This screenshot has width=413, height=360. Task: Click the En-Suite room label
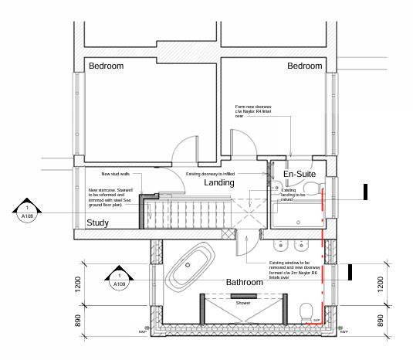pos(300,175)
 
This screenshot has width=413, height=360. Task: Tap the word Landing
pos(219,183)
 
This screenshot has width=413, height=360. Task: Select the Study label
pos(97,223)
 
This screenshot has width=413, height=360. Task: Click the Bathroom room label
pos(244,282)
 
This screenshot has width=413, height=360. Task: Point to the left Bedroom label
pos(106,66)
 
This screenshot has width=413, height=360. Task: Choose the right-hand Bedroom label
pos(304,66)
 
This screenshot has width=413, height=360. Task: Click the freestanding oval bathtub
pos(190,264)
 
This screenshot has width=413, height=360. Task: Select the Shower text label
pos(243,303)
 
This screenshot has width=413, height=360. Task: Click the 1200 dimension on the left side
pos(77,286)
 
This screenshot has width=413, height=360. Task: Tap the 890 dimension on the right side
pos(380,321)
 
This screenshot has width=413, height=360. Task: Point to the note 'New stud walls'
pos(115,174)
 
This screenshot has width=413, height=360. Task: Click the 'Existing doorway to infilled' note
pos(210,174)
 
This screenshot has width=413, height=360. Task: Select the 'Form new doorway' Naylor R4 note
pos(253,111)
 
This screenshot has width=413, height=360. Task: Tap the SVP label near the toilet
pos(317,320)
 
